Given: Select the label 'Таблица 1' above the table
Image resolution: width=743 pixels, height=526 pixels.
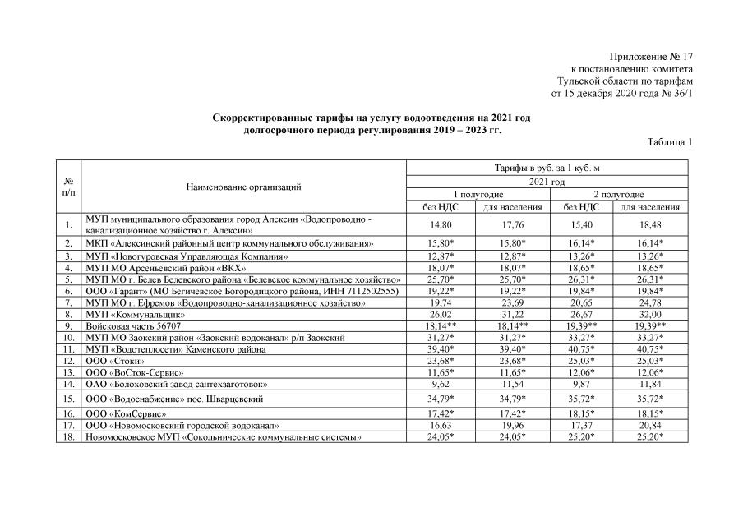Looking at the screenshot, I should point(670,142).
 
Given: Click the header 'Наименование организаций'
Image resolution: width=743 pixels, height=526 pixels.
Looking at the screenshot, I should point(244,187).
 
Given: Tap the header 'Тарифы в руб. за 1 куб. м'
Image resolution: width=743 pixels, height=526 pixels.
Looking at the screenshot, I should point(547,168).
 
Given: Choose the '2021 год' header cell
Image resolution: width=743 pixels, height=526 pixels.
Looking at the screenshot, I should point(547,182).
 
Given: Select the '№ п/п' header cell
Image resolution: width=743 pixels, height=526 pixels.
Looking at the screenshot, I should point(68,187).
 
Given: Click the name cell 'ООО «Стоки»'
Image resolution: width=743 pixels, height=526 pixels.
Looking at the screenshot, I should point(116,361).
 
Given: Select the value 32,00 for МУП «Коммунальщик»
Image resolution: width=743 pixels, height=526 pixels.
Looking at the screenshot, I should point(650,315).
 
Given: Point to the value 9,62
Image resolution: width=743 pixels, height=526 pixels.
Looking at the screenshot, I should point(443,384).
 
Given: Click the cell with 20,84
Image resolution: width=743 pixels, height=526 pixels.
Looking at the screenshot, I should point(650,426).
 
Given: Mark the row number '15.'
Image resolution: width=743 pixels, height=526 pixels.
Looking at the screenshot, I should point(68,399).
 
